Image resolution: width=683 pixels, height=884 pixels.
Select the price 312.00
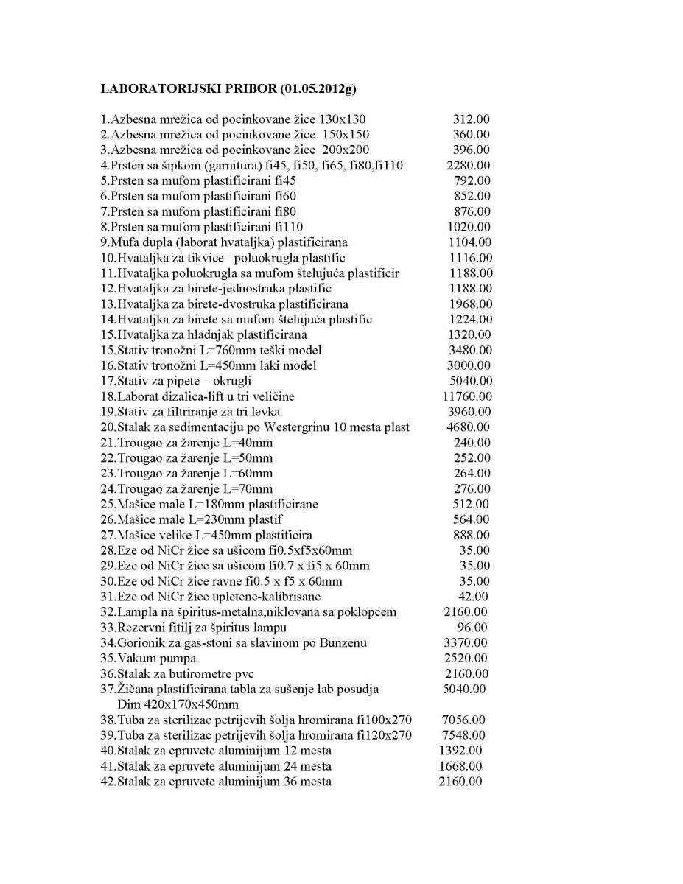[472, 119]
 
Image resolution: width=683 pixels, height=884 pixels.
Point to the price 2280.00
[469, 165]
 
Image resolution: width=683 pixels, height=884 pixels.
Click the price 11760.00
[467, 396]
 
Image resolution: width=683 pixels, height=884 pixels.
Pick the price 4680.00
[469, 427]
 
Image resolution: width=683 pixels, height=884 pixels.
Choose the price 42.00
[473, 597]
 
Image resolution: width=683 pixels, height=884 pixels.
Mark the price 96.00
[472, 628]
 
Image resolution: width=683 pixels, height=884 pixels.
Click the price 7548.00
[463, 735]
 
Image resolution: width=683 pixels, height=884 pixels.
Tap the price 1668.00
[460, 766]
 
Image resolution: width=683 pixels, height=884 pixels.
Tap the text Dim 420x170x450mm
[178, 704]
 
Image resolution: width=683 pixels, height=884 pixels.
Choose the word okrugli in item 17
[231, 381]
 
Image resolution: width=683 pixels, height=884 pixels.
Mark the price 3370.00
[466, 643]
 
